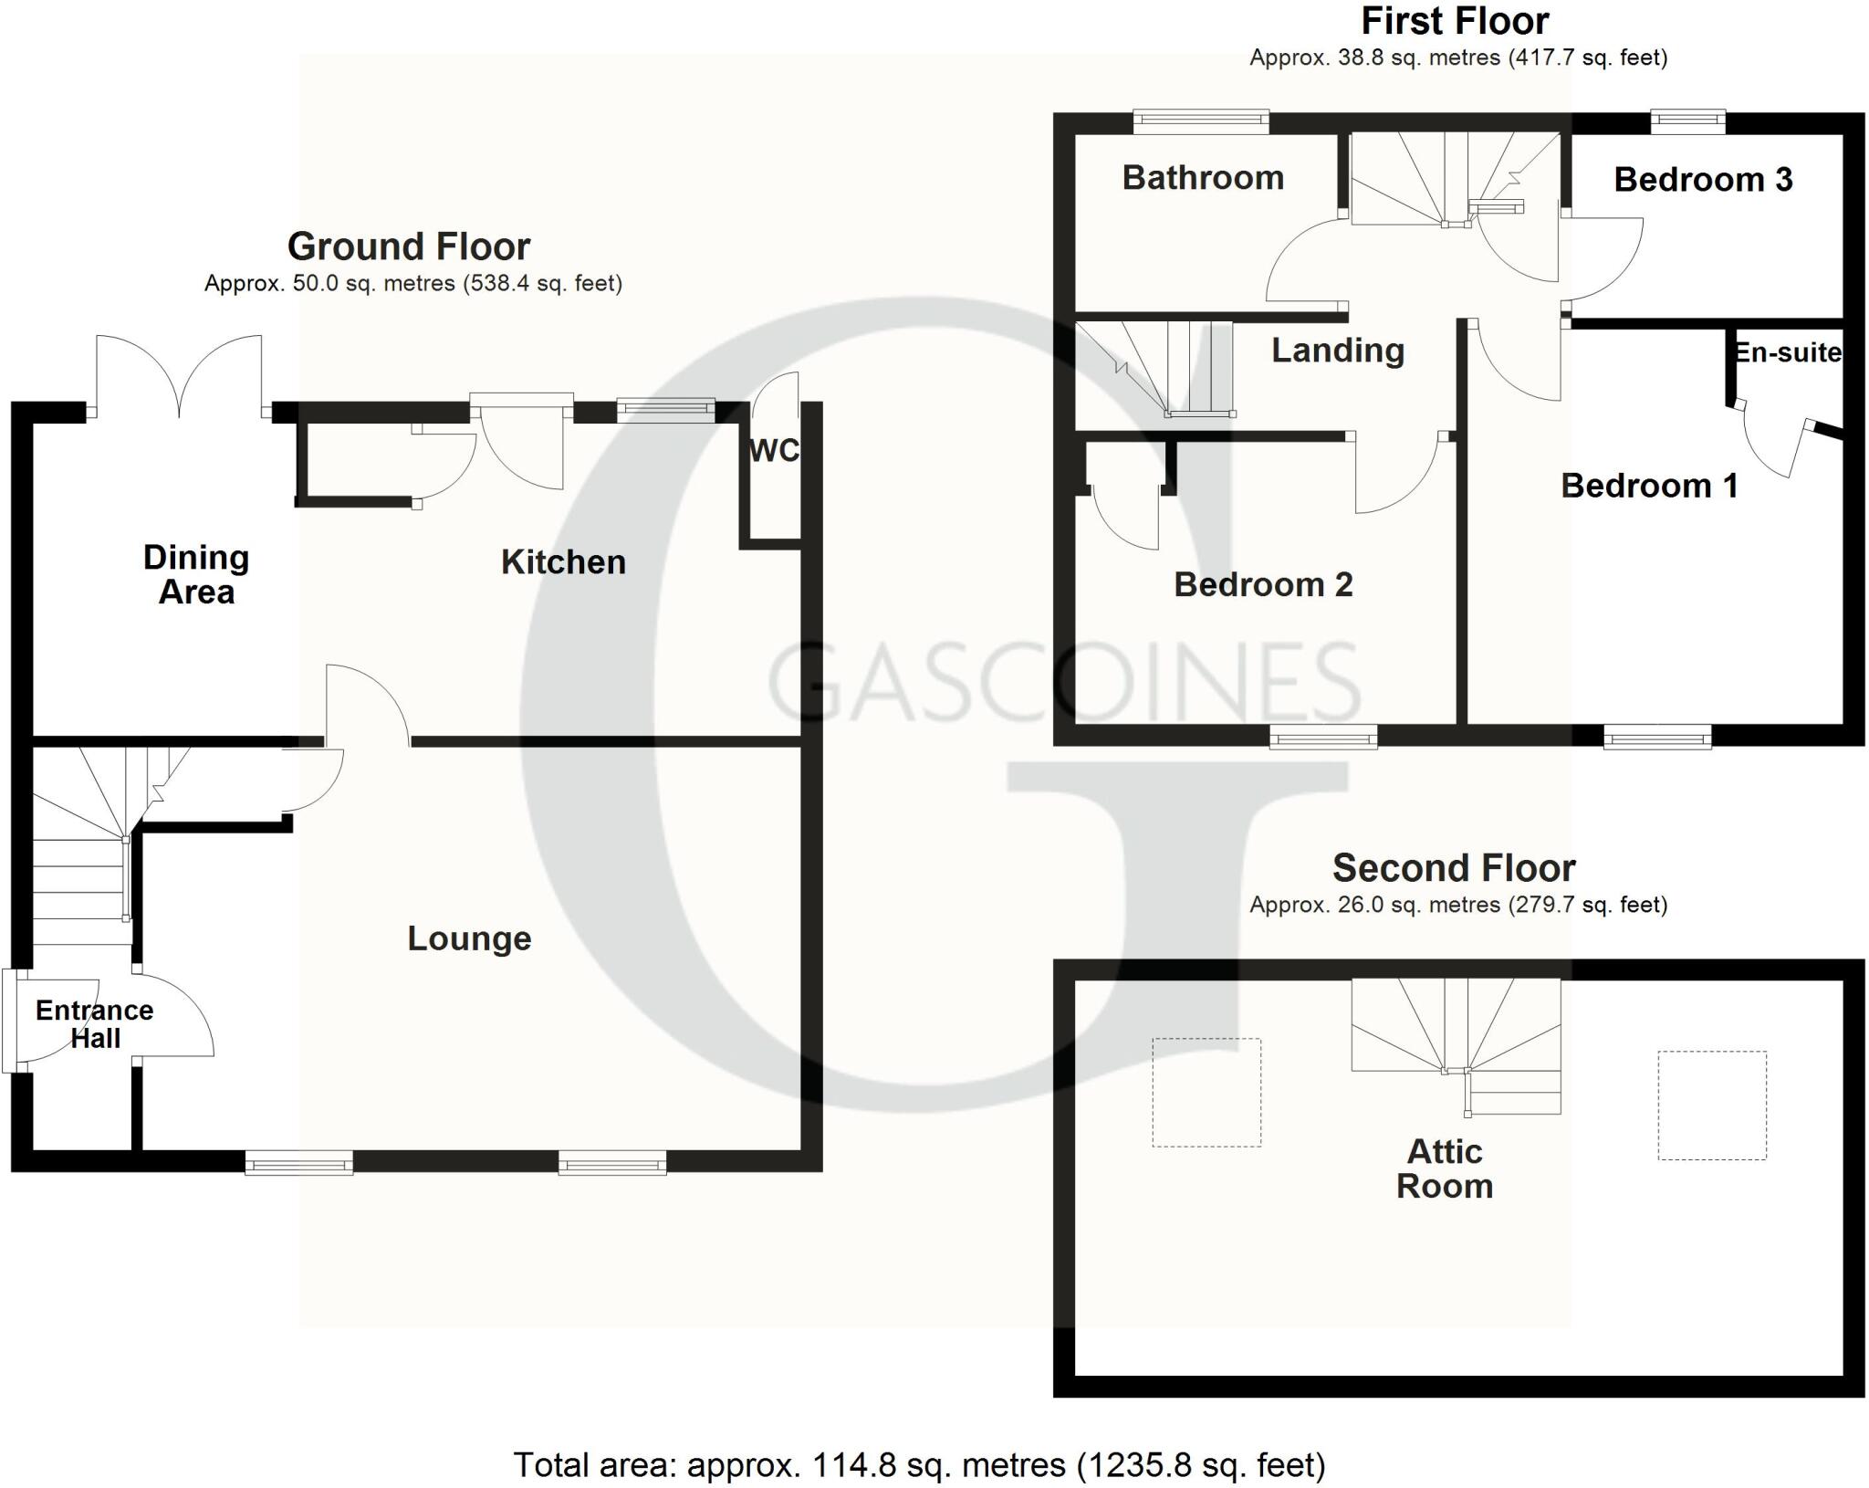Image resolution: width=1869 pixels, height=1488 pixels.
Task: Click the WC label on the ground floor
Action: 774,450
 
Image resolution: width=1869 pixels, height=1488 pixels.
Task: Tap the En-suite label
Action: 1787,352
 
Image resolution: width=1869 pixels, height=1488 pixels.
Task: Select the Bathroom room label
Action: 1203,177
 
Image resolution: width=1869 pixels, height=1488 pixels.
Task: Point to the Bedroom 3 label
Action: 1703,180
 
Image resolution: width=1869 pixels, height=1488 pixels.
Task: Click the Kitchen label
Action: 563,562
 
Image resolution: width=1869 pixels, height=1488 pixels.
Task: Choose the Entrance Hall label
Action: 95,1024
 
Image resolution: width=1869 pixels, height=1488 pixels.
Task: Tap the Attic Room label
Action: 1445,1168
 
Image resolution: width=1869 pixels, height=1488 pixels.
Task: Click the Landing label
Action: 1338,351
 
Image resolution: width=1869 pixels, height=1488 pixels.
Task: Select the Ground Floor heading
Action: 409,246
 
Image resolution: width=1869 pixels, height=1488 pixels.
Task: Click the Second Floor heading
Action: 1454,868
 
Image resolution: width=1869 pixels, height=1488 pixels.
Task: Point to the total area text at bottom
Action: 919,1465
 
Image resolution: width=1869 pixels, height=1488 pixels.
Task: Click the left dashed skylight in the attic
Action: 1206,1092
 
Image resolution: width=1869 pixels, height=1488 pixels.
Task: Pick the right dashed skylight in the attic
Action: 1712,1106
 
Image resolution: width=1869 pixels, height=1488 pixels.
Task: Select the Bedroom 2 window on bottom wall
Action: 1324,737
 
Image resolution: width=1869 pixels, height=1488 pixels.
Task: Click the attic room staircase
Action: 1456,1046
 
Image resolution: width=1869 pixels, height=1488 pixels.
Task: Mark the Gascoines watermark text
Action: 1064,681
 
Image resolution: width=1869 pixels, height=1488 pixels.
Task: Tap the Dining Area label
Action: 196,575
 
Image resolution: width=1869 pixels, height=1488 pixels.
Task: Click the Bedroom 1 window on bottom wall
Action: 1657,737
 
